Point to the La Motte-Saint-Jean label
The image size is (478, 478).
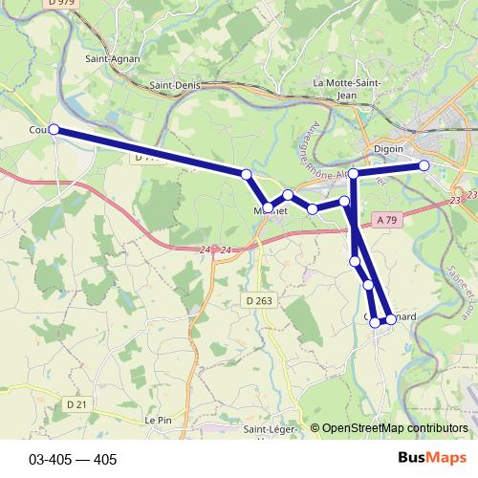[348, 88]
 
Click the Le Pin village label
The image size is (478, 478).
[158, 420]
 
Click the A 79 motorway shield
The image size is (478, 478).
[386, 219]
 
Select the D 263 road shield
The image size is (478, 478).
[258, 300]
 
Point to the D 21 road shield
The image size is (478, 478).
[77, 404]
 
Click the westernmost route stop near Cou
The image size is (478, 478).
[54, 129]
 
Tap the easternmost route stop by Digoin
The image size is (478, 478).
[424, 165]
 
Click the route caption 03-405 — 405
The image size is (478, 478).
[73, 459]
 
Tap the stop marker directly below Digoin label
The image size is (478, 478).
[354, 174]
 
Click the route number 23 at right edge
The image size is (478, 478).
[454, 200]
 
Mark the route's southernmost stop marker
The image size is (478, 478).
[376, 323]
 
